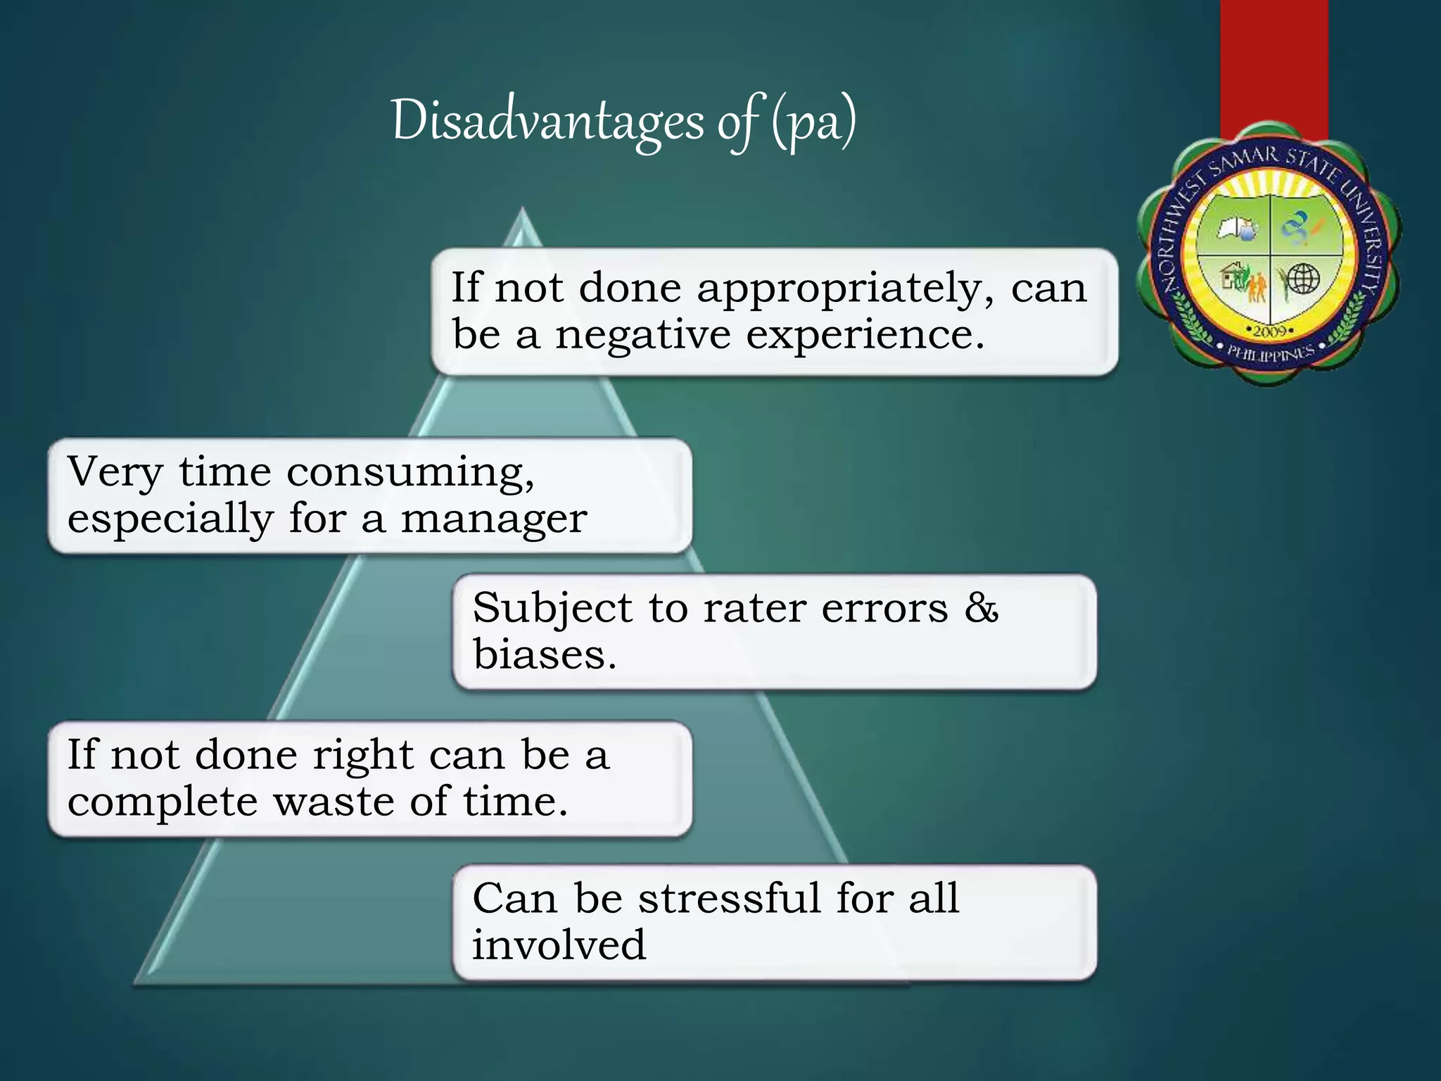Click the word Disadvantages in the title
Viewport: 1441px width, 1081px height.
point(547,121)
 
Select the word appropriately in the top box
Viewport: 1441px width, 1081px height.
point(845,288)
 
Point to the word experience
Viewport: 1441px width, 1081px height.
point(865,334)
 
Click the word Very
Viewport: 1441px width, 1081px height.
point(115,472)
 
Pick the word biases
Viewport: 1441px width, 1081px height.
point(544,655)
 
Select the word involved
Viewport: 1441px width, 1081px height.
point(559,944)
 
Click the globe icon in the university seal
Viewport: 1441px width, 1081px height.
point(1302,278)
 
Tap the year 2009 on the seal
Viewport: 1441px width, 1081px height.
point(1270,330)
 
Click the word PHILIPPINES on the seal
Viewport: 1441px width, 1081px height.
point(1270,353)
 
